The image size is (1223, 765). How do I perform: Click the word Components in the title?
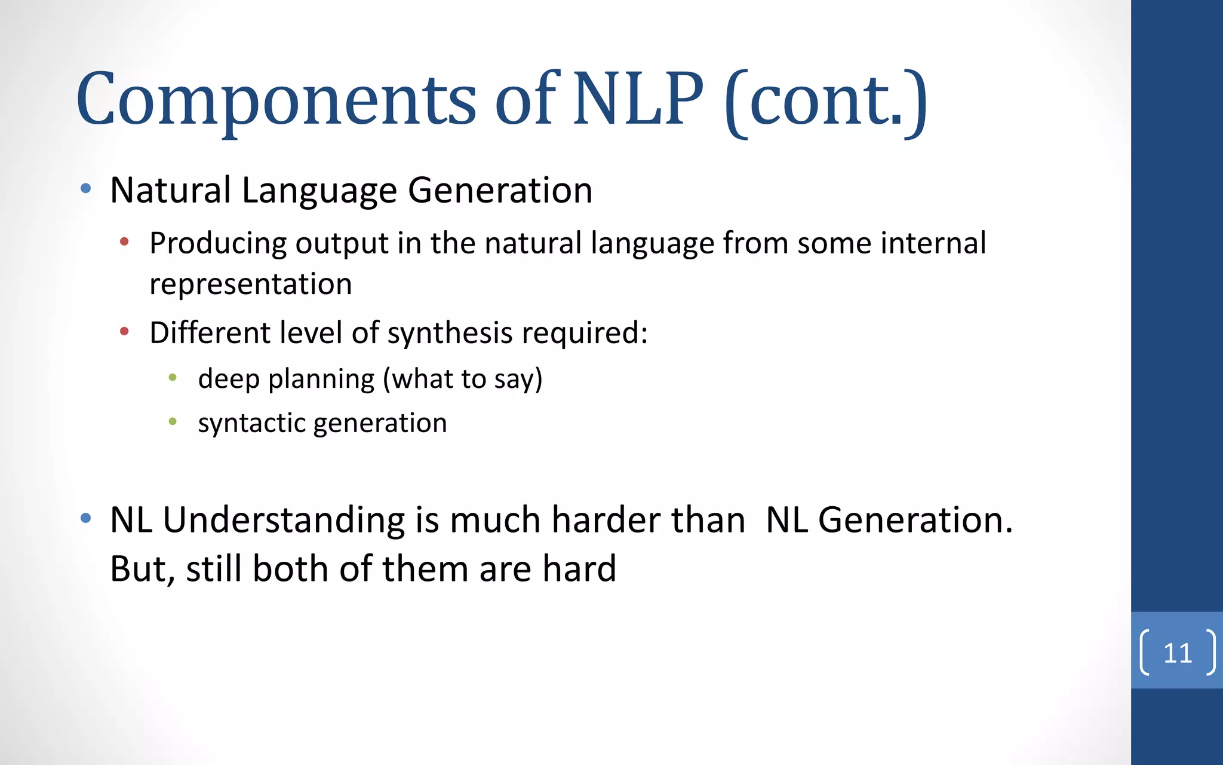tap(276, 100)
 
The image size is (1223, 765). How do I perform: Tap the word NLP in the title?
tap(638, 99)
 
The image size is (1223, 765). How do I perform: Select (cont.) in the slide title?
tap(826, 102)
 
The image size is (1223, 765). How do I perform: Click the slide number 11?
tap(1178, 653)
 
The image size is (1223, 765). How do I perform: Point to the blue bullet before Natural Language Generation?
tap(86, 189)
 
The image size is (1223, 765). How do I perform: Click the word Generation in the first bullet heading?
tap(500, 190)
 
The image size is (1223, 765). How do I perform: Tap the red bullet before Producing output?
tap(125, 242)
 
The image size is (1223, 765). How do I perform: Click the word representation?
tap(251, 284)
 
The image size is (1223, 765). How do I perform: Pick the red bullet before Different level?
tap(125, 331)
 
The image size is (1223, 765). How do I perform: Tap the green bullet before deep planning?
tap(173, 377)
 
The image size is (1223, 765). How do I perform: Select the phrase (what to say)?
tap(463, 379)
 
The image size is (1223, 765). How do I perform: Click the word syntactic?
tap(252, 424)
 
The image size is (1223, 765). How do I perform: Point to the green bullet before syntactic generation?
tap(173, 421)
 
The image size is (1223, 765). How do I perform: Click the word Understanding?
tap(284, 519)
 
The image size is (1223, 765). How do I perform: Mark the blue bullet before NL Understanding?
tap(86, 518)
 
